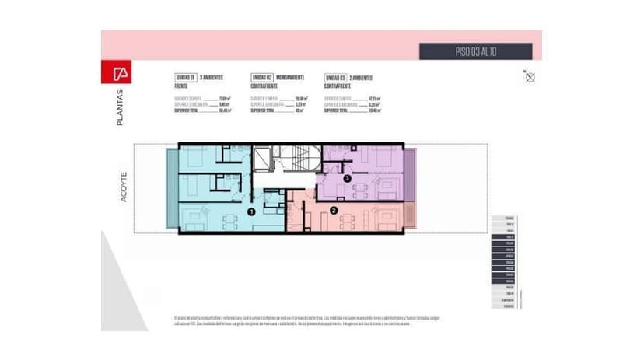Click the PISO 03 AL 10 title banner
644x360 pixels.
pos(475,51)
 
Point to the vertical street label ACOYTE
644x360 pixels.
pos(124,187)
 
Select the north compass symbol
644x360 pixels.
pos(530,76)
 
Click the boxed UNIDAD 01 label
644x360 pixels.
pos(184,79)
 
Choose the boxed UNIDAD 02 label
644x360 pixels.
pos(261,79)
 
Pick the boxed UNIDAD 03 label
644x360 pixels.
pos(334,79)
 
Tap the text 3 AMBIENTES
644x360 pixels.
pos(212,79)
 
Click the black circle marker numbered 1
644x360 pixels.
pos(251,211)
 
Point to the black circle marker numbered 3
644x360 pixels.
pos(348,179)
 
